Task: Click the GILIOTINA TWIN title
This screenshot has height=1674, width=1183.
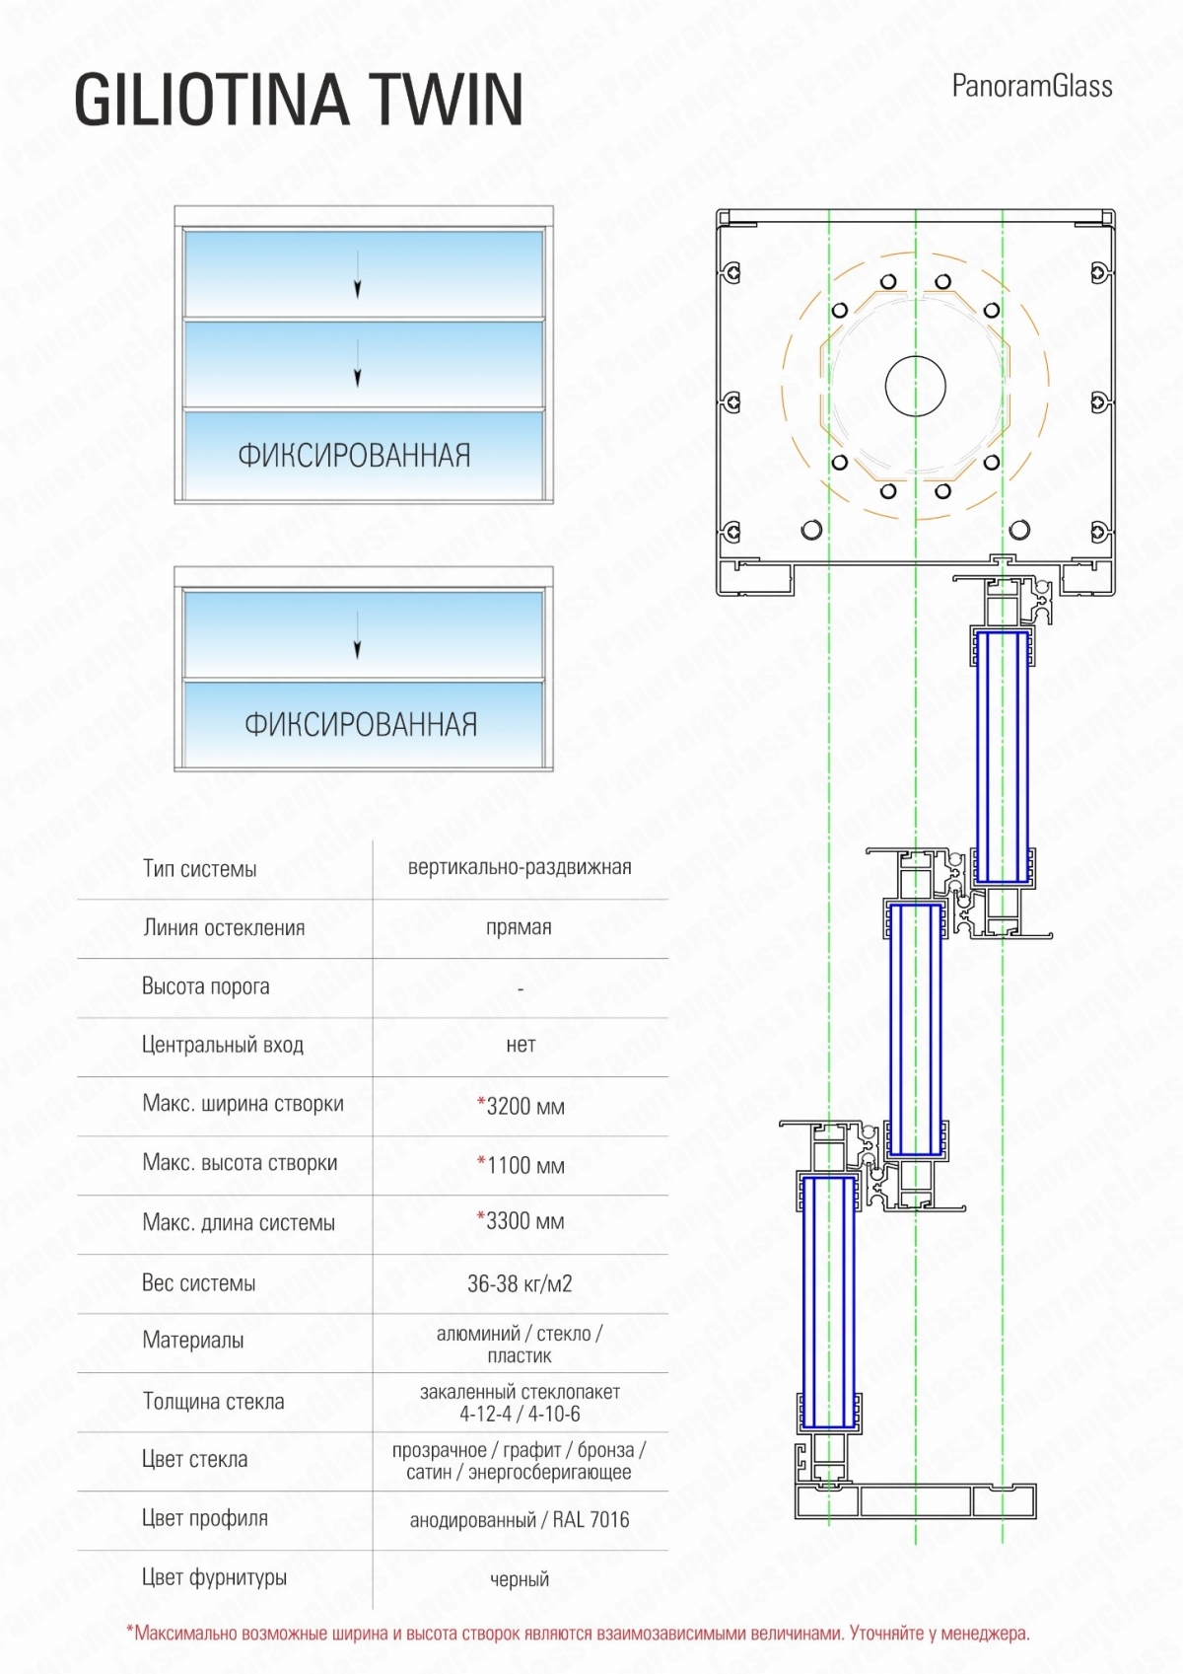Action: pyautogui.click(x=299, y=100)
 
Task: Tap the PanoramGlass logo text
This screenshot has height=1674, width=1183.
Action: pyautogui.click(x=1031, y=87)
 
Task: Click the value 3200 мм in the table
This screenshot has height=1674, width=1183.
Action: pyautogui.click(x=522, y=1106)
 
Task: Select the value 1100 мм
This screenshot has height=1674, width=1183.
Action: pyautogui.click(x=522, y=1165)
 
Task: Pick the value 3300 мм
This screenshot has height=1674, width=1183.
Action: pyautogui.click(x=522, y=1221)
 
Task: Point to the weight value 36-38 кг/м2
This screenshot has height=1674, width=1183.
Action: pyautogui.click(x=520, y=1283)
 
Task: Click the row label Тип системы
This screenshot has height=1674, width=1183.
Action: pyautogui.click(x=199, y=869)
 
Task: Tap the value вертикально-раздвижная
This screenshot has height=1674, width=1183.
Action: pyautogui.click(x=520, y=867)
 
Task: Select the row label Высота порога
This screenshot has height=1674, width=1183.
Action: pyautogui.click(x=205, y=986)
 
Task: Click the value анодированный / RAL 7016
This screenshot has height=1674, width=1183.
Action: pyautogui.click(x=520, y=1520)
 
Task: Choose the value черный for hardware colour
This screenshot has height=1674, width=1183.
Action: pyautogui.click(x=520, y=1579)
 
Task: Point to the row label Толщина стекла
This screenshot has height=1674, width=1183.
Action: pyautogui.click(x=213, y=1402)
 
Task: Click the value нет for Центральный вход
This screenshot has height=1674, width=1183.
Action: pyautogui.click(x=521, y=1045)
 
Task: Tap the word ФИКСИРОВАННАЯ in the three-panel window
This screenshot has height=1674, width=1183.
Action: pyautogui.click(x=354, y=456)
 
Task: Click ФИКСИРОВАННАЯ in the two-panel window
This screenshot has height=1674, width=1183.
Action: pyautogui.click(x=361, y=725)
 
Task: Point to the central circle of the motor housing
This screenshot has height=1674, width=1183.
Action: pyautogui.click(x=916, y=386)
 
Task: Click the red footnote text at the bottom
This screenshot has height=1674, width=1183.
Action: pyautogui.click(x=578, y=1634)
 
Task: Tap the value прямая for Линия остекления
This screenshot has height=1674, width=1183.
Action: pyautogui.click(x=519, y=927)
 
